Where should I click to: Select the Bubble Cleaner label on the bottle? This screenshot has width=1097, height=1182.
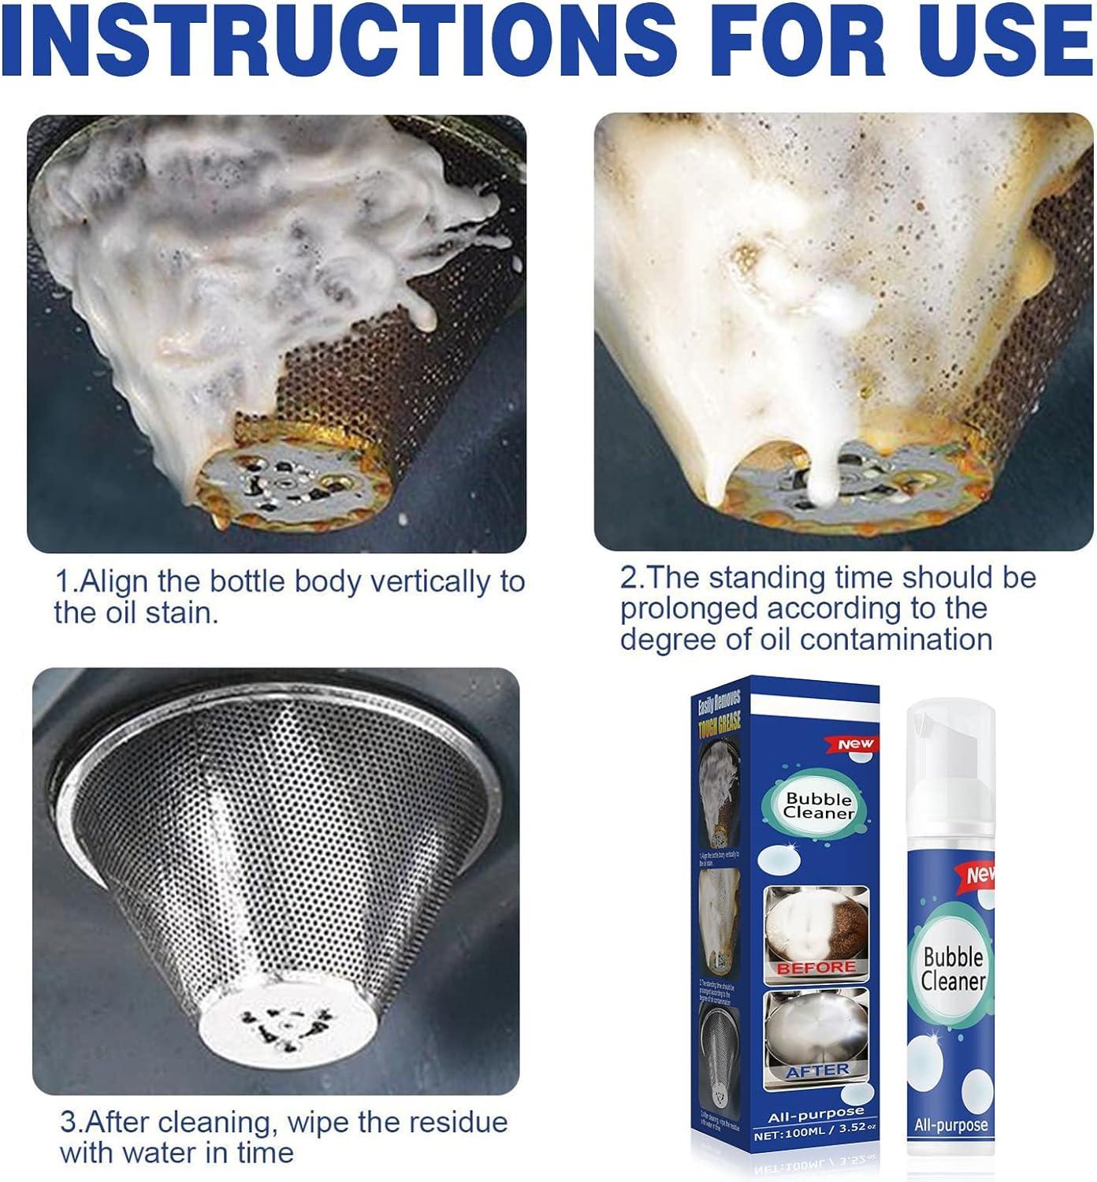click(x=953, y=970)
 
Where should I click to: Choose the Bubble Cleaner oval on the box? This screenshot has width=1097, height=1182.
click(x=819, y=805)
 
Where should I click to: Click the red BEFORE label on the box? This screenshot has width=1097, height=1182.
click(x=816, y=967)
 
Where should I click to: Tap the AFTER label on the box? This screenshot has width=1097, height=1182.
click(x=817, y=1070)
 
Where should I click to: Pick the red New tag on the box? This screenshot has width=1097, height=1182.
click(x=856, y=744)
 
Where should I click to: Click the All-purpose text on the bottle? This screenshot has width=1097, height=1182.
click(x=950, y=1124)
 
